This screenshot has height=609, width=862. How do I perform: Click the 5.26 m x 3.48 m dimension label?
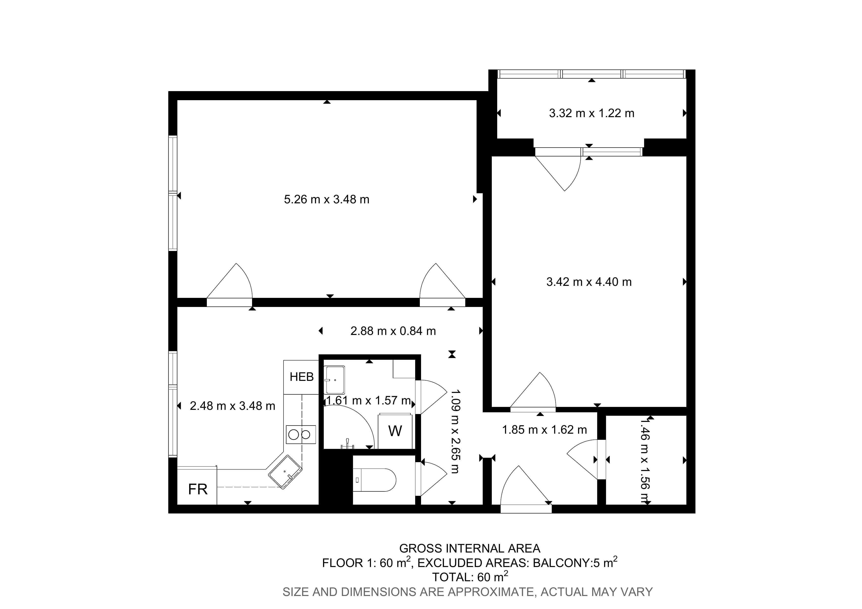coord(327,199)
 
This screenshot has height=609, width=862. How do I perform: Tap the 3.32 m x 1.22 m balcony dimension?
coord(592,113)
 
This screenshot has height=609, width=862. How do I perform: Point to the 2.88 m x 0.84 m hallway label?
coord(393,331)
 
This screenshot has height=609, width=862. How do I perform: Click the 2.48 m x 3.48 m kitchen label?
coord(232,406)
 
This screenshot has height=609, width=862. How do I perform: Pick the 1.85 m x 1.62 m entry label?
coord(544,430)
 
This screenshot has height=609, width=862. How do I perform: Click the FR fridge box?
coord(197,486)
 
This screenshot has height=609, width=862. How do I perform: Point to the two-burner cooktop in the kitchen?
coord(301,434)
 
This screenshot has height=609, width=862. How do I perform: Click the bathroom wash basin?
coord(334,380)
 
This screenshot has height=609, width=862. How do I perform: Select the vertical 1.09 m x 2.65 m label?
coord(455,431)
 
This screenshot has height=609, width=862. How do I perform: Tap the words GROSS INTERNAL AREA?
coord(470,549)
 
